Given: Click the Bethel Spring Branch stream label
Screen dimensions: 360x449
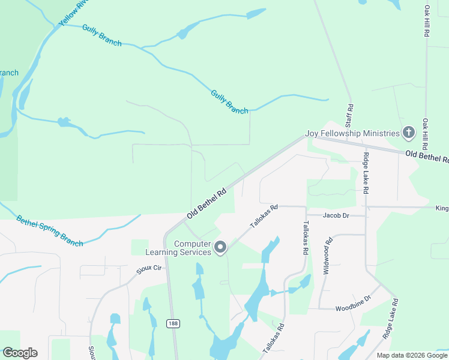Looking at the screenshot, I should click(49, 230).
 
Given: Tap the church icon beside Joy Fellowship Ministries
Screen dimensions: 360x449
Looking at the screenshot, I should click(408, 133).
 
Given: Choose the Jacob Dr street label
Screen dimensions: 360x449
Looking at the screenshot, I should click(336, 215).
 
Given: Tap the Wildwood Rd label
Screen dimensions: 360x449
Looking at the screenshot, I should click(328, 256).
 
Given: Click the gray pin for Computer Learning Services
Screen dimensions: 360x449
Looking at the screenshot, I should click(220, 247).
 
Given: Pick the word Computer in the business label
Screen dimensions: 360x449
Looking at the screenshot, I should click(193, 244).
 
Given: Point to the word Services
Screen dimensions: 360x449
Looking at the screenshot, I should click(195, 252).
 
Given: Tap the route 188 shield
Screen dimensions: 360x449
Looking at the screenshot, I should click(173, 323).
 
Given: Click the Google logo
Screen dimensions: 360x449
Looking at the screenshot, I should click(20, 353).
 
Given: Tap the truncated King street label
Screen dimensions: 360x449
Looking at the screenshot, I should click(442, 208).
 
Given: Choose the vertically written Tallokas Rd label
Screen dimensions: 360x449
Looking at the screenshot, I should click(306, 238).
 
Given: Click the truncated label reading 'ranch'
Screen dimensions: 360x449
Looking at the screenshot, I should click(9, 73).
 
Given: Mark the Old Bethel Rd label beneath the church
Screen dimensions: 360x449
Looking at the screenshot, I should click(427, 157).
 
